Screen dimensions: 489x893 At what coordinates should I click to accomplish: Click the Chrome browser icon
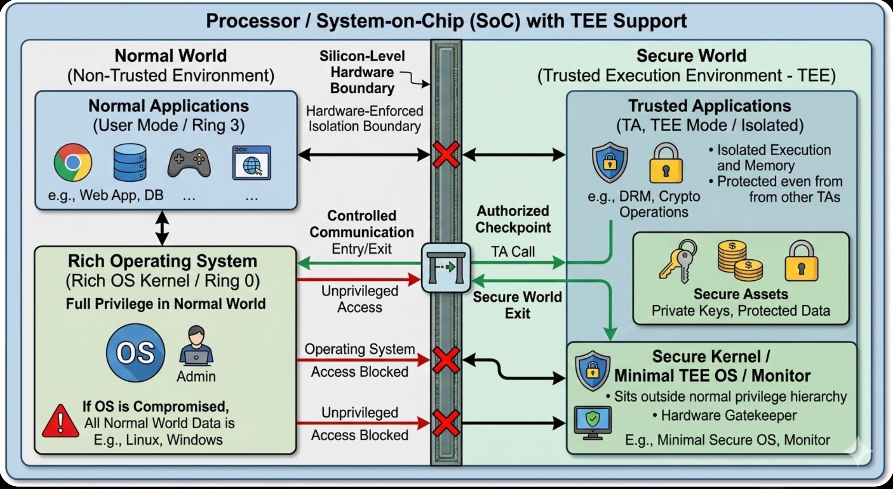pyautogui.click(x=73, y=162)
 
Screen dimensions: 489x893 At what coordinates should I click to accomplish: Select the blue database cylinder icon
pyautogui.click(x=130, y=162)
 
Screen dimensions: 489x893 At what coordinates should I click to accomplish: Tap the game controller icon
pyautogui.click(x=189, y=162)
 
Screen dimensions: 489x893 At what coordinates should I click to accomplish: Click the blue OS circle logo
pyautogui.click(x=136, y=353)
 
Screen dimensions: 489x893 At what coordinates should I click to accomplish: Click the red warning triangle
pyautogui.click(x=60, y=421)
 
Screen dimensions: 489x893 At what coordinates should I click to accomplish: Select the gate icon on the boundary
pyautogui.click(x=446, y=268)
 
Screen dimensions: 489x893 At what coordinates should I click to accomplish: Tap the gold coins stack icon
pyautogui.click(x=740, y=261)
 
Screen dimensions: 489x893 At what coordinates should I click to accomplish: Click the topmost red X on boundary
pyautogui.click(x=446, y=154)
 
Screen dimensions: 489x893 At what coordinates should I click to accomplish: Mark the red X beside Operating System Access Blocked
pyautogui.click(x=446, y=360)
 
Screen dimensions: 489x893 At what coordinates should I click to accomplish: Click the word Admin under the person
pyautogui.click(x=196, y=376)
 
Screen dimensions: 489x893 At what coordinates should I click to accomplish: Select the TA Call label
pyautogui.click(x=513, y=252)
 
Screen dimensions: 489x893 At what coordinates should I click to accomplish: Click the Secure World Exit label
pyautogui.click(x=517, y=305)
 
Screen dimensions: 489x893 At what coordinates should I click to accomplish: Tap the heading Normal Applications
pyautogui.click(x=168, y=106)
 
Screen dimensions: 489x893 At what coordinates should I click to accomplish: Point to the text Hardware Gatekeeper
pyautogui.click(x=729, y=415)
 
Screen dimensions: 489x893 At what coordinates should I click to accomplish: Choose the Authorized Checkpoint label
pyautogui.click(x=513, y=219)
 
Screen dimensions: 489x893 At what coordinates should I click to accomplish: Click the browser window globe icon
pyautogui.click(x=252, y=163)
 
